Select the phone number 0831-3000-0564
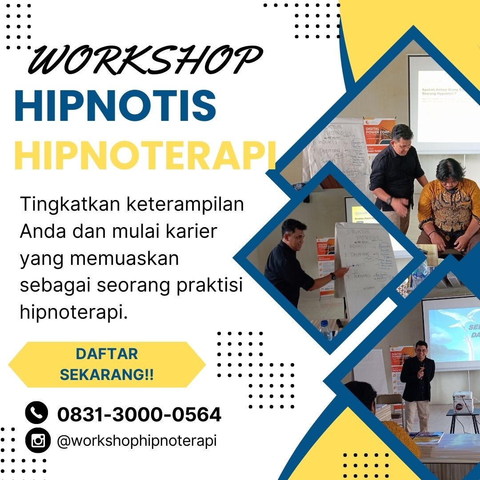point(139,415)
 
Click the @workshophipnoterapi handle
point(137,441)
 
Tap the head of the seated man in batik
point(450,171)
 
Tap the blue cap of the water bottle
point(324,323)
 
